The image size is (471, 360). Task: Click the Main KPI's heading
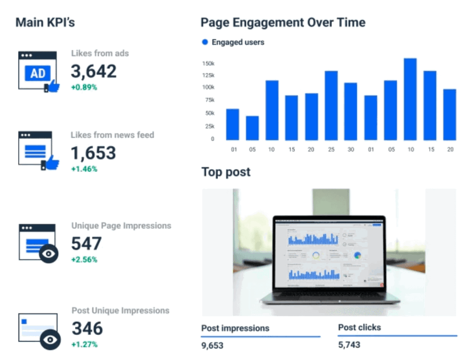pos(45,22)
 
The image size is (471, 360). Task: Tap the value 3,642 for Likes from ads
pos(94,72)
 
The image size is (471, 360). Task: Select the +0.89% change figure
pos(84,87)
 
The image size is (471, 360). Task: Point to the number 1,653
pos(94,153)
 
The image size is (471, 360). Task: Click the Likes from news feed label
pos(113,135)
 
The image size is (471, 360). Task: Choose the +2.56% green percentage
pos(84,260)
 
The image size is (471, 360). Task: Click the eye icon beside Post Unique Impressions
pos(49,340)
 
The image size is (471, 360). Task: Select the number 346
pos(87,329)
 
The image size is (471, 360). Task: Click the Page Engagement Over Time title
pos(283,22)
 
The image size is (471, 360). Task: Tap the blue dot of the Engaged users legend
pos(205,42)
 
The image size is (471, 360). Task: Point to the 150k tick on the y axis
pos(208,63)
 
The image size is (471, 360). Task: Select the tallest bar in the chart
pos(410,99)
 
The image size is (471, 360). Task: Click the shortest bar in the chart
pos(252,128)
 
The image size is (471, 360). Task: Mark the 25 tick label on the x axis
pos(331,150)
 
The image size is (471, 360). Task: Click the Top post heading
pos(226,172)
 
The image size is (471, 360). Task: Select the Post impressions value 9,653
pos(212,345)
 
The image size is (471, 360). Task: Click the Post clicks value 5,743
pos(349,345)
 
